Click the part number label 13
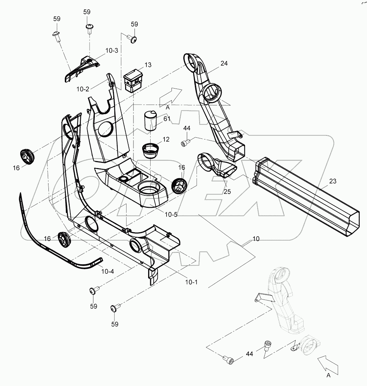pos(148,65)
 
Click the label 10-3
pos(111,51)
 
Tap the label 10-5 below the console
pos(171,214)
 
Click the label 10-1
pos(191,282)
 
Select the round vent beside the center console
pos(179,184)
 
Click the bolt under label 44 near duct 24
pos(185,142)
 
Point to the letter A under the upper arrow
pos(168,108)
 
